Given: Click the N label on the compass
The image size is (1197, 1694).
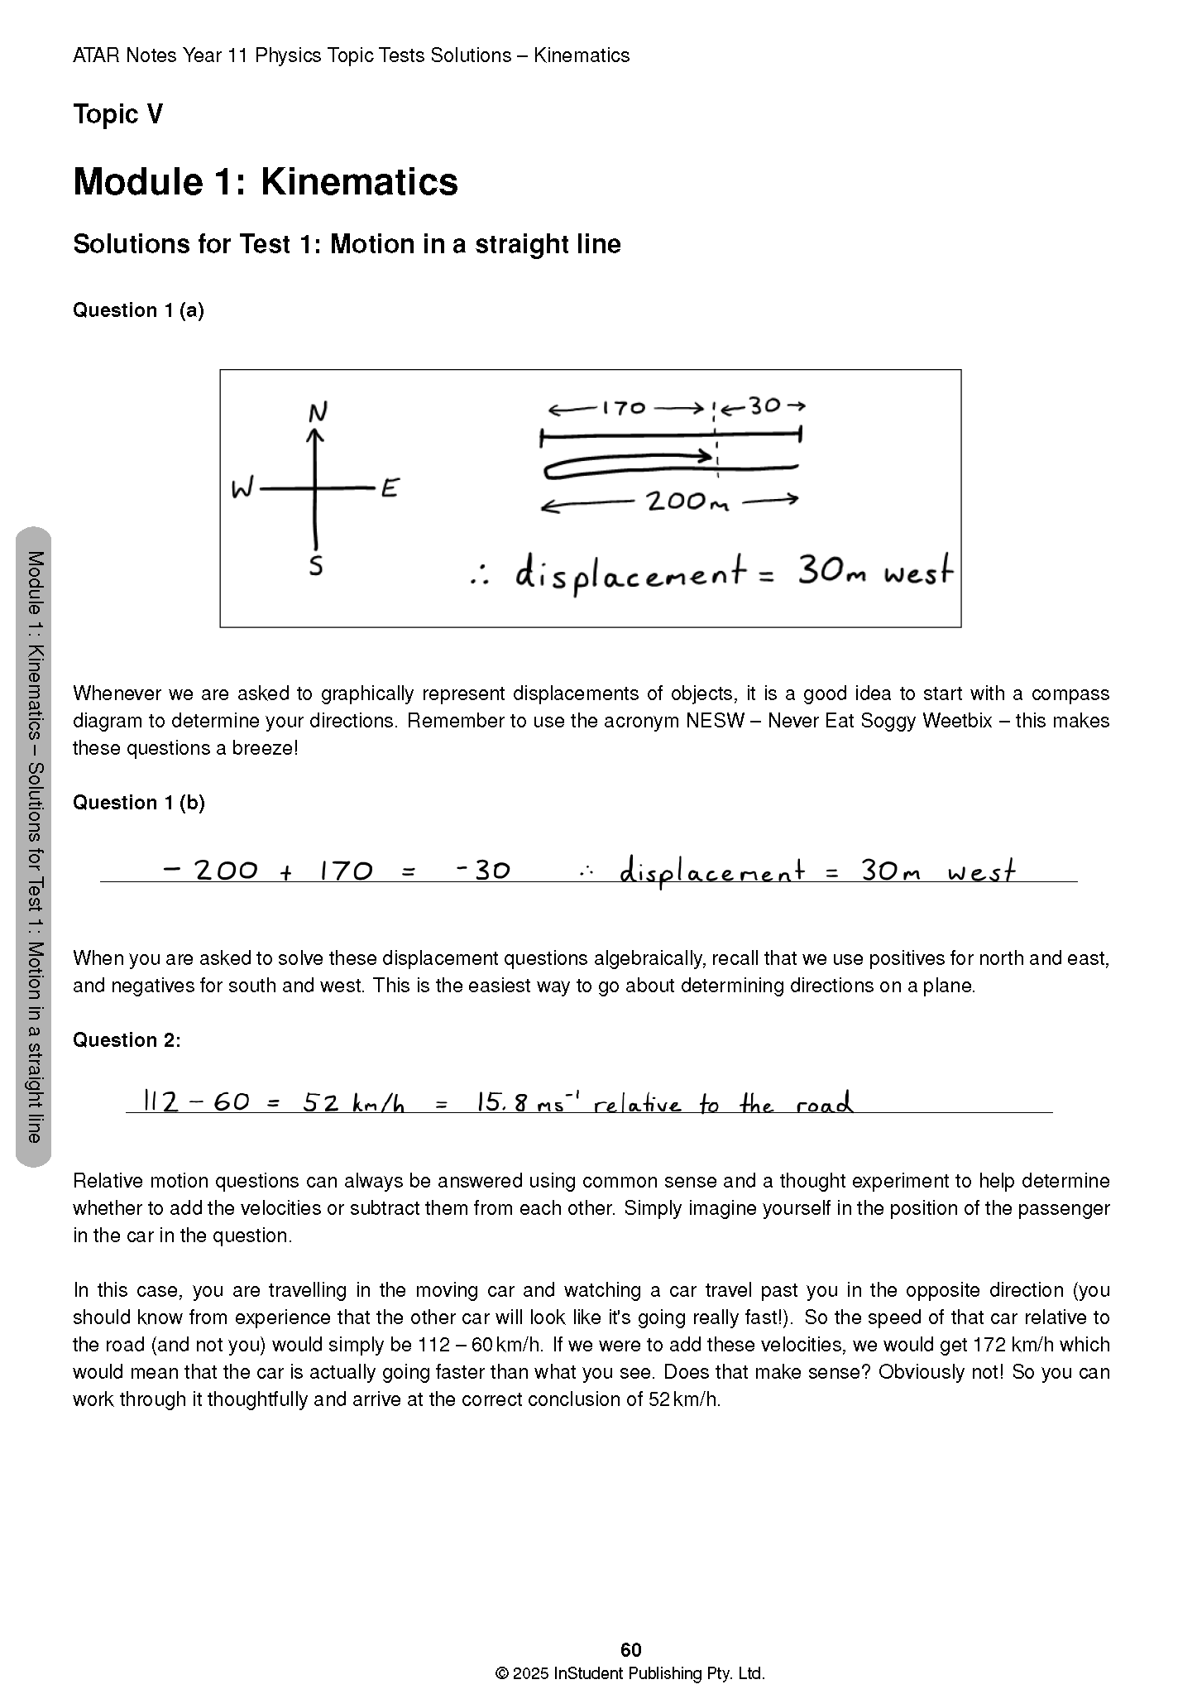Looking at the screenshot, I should [318, 412].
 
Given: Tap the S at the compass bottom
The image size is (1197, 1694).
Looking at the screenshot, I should [316, 566].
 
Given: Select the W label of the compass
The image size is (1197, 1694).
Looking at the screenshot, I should [242, 489].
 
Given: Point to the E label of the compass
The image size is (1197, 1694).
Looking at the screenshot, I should [390, 488].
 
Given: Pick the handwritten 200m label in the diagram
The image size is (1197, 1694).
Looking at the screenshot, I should [687, 501].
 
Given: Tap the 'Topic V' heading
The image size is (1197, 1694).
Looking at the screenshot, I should [117, 114].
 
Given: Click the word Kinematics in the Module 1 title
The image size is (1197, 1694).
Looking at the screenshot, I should [359, 182].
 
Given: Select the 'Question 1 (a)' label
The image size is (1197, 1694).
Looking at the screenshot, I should [138, 310].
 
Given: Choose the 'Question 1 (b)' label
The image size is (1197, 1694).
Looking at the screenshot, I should [138, 803].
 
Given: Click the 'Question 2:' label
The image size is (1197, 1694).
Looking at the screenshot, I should [127, 1040].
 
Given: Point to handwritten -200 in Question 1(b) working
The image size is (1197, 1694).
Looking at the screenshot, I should [212, 870].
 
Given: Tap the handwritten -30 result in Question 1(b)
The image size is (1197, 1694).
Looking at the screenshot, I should [484, 870].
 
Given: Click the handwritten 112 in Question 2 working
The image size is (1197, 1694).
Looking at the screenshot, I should [161, 1101].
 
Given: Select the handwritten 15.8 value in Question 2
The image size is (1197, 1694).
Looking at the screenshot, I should [501, 1102].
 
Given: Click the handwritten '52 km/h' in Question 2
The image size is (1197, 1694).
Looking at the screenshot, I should [353, 1102].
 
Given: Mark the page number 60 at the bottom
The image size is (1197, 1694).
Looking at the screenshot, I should [630, 1650].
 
